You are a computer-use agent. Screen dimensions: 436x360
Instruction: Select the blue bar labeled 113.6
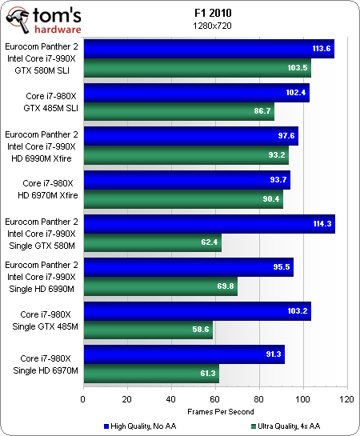(208, 49)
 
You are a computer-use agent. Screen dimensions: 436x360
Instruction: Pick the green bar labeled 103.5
(196, 67)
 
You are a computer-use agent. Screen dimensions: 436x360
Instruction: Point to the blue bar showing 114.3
(209, 223)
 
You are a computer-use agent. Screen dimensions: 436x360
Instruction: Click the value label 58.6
(198, 329)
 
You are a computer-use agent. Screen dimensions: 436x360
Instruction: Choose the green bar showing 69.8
(159, 285)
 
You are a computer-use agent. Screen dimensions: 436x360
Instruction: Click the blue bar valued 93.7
(186, 179)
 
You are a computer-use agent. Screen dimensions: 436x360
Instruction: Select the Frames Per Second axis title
(214, 411)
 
